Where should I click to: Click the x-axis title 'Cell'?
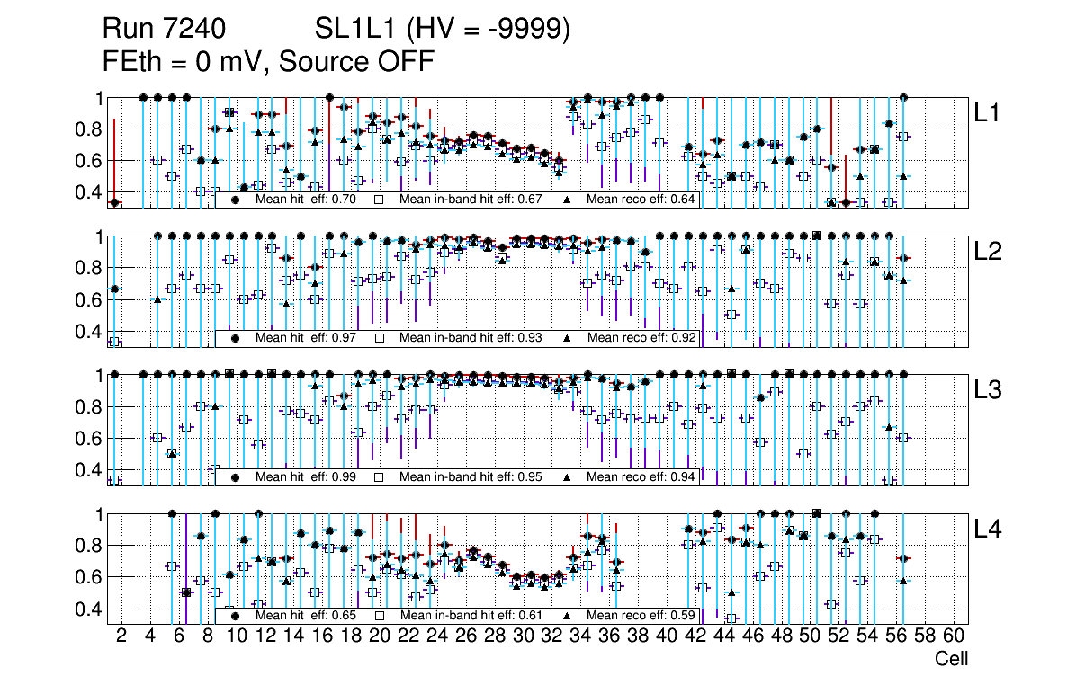[951, 659]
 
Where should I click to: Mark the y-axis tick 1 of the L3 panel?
[100, 375]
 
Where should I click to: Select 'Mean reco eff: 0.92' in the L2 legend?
[640, 338]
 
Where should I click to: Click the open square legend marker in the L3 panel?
[380, 476]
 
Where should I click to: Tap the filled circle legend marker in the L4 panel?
[236, 615]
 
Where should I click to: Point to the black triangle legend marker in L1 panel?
[568, 200]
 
